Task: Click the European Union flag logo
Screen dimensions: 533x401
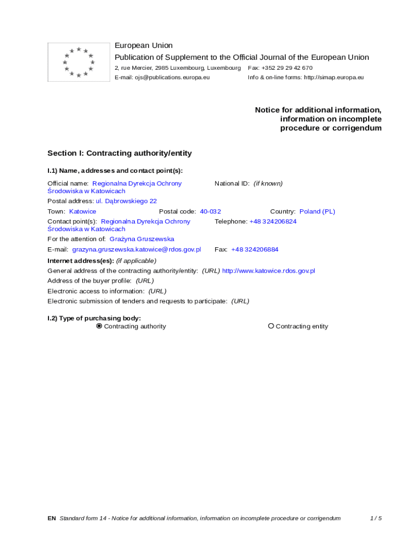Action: coord(79,62)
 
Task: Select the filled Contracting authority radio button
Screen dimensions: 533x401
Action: coord(99,326)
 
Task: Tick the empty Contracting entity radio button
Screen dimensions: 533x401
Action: coord(271,326)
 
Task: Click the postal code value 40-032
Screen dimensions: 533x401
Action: coord(210,211)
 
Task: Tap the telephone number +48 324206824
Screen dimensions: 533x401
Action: coord(273,221)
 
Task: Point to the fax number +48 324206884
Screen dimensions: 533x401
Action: coord(255,249)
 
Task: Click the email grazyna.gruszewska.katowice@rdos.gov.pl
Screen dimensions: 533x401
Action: coord(136,249)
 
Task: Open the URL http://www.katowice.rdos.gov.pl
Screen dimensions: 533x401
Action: coord(268,271)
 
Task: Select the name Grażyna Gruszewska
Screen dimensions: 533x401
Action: coord(142,239)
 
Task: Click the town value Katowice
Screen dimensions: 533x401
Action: coord(83,211)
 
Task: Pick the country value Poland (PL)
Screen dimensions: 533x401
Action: coord(317,211)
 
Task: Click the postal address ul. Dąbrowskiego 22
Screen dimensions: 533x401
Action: coord(126,201)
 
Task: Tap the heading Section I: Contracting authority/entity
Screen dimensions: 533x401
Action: coord(119,153)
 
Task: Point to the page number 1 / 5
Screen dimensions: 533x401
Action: coord(375,518)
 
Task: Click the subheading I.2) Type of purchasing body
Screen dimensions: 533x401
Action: coord(94,318)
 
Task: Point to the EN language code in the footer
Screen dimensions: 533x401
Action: coord(52,518)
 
